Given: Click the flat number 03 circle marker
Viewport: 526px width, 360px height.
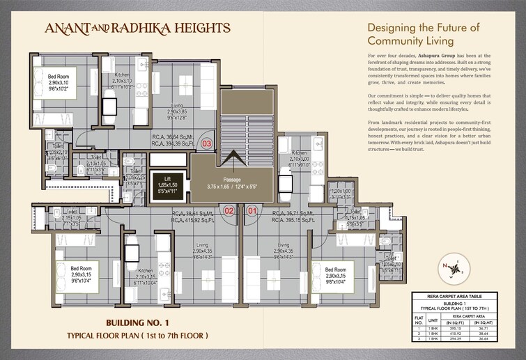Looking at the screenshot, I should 206,144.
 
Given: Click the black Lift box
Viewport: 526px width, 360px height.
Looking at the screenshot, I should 170,185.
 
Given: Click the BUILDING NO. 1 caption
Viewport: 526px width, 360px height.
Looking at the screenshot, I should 137,323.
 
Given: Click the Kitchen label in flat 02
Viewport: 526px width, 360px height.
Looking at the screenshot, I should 145,271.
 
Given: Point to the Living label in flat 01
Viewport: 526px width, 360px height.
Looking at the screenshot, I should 283,246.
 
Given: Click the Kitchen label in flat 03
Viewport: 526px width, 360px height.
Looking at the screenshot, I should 123,75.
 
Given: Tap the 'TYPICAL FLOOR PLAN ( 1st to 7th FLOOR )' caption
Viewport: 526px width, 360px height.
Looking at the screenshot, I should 137,336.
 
